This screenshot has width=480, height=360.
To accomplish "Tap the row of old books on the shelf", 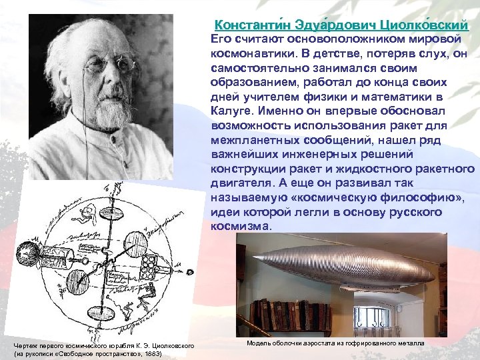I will click(293, 316).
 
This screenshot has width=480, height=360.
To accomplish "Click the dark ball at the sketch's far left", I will click(31, 244).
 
